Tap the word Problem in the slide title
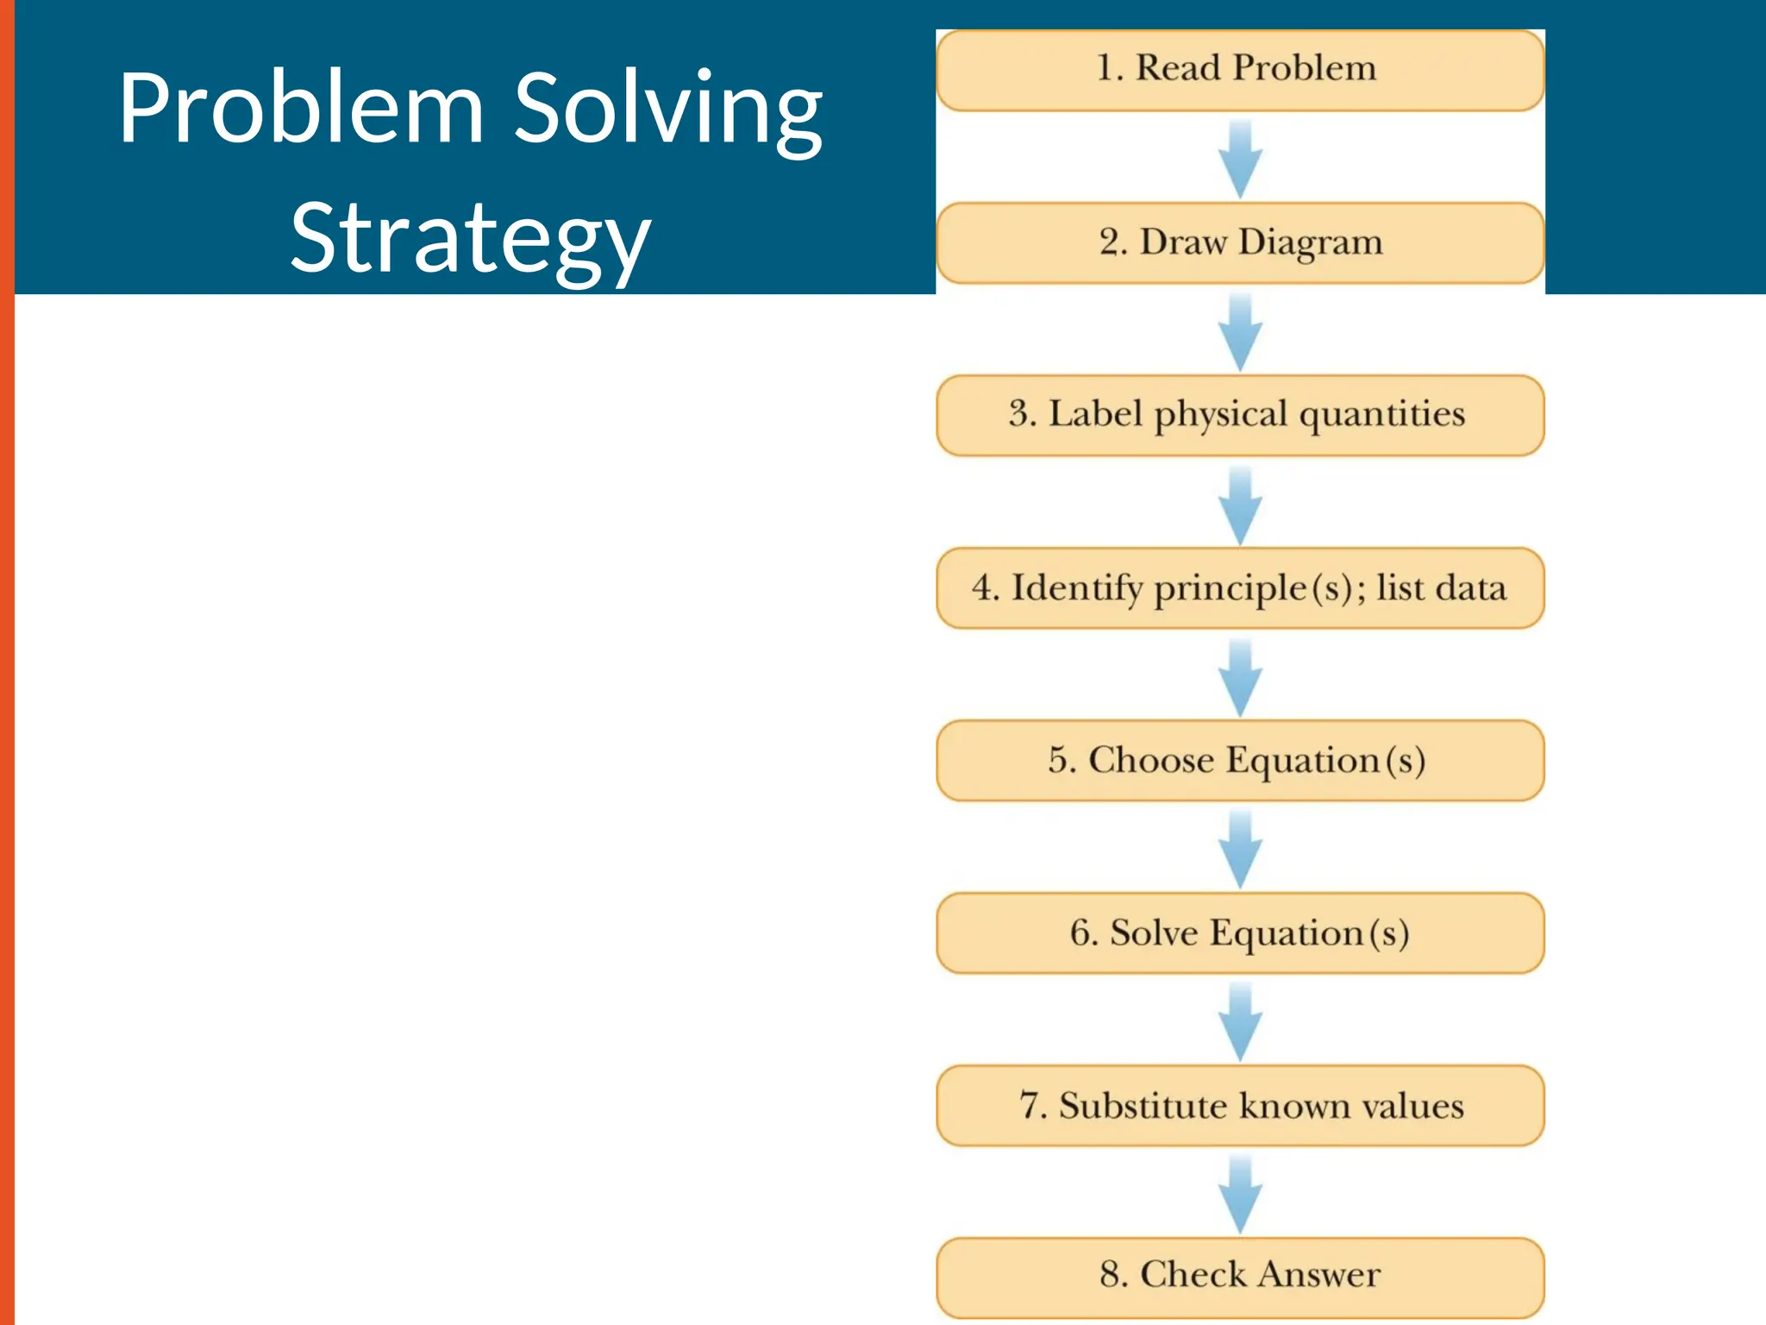click(x=301, y=109)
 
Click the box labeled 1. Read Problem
click(x=1239, y=70)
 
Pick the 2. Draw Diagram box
click(x=1239, y=242)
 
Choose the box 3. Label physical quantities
click(x=1239, y=415)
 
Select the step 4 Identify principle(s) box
click(x=1239, y=587)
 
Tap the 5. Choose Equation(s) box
click(x=1239, y=760)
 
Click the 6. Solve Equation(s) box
click(x=1239, y=933)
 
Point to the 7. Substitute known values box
click(x=1239, y=1105)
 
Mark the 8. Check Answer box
click(x=1239, y=1276)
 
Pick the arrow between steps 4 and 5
click(x=1240, y=678)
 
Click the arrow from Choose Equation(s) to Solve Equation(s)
click(x=1240, y=850)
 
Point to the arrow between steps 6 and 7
click(x=1240, y=1022)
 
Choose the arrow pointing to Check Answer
click(x=1240, y=1195)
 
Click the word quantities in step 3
click(x=1381, y=415)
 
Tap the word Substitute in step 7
click(x=1143, y=1106)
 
